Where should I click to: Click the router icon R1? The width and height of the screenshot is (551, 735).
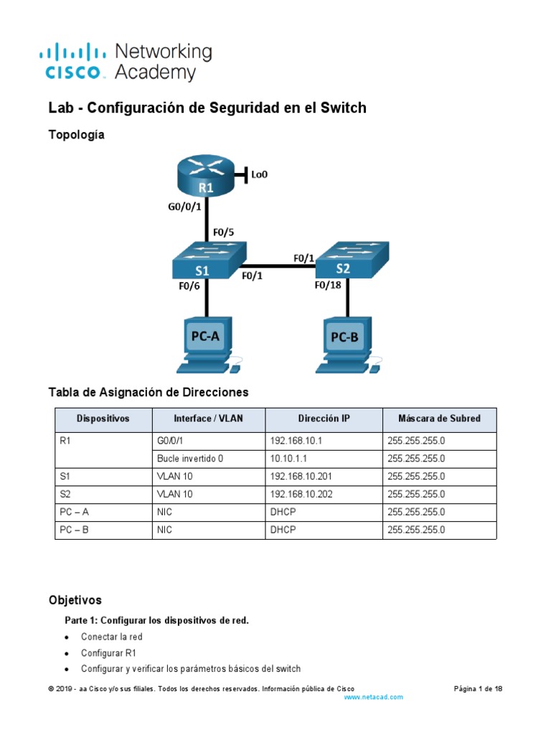click(x=207, y=177)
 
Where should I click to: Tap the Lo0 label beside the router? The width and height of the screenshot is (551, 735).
click(x=259, y=174)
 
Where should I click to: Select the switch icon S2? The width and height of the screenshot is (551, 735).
click(x=352, y=260)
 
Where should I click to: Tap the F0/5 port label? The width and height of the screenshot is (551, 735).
click(x=225, y=233)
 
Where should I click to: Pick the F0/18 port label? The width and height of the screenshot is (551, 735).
click(x=329, y=284)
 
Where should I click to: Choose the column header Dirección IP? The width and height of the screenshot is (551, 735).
click(x=324, y=418)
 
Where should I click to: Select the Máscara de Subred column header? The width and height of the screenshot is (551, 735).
click(x=439, y=418)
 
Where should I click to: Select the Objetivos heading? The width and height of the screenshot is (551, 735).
click(x=75, y=600)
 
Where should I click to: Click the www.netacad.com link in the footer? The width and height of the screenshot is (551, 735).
click(x=374, y=697)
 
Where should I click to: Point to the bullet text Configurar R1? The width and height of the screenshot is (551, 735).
click(x=108, y=653)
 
